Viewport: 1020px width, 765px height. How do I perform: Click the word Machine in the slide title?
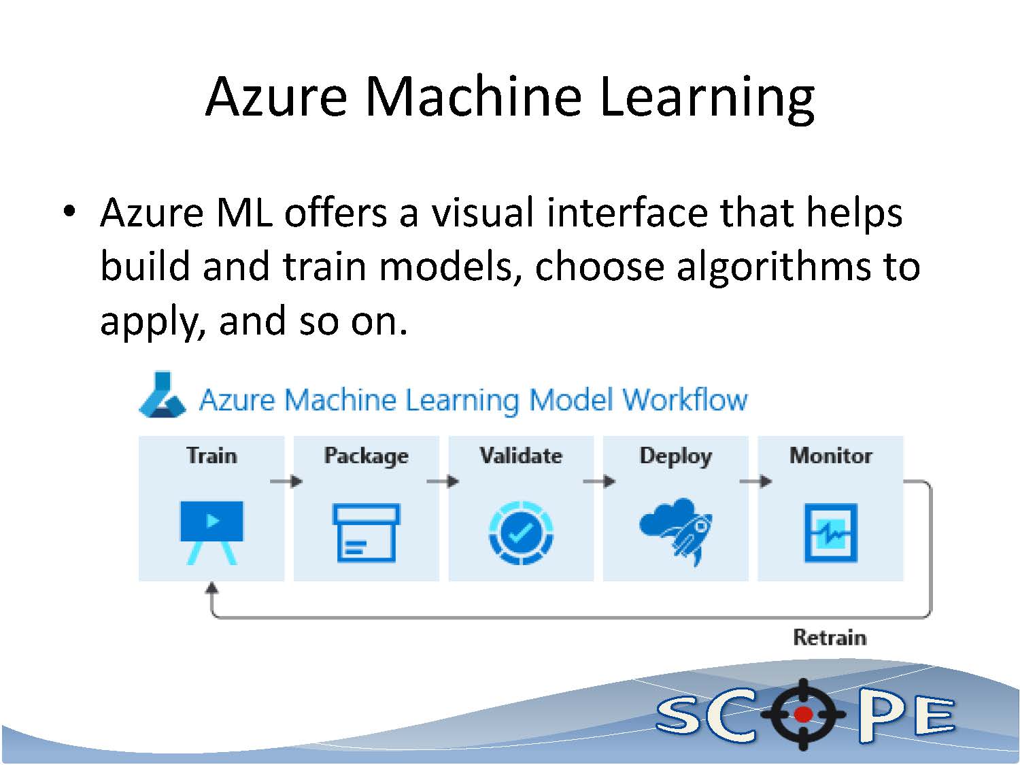tap(473, 96)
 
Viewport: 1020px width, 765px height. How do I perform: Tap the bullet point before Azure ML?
tap(68, 211)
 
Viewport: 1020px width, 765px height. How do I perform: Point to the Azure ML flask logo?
tap(162, 395)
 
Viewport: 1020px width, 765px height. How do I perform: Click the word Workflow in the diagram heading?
tap(684, 400)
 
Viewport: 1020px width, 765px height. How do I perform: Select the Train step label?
tap(211, 455)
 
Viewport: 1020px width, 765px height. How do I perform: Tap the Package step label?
tap(366, 456)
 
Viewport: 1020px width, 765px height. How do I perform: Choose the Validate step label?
tap(521, 455)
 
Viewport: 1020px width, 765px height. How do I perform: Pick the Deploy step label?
tap(675, 456)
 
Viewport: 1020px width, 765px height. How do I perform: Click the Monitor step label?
tap(830, 455)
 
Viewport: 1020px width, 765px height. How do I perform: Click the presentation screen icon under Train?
tap(211, 531)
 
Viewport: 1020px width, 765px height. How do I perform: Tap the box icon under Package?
tap(366, 532)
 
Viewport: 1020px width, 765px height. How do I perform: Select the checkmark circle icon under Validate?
tap(521, 532)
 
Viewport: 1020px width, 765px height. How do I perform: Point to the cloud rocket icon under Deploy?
tap(675, 530)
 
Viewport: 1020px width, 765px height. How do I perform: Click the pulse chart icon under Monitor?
tap(830, 532)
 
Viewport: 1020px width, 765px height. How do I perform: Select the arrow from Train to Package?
tap(286, 481)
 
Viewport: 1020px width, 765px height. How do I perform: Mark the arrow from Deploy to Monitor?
tap(755, 481)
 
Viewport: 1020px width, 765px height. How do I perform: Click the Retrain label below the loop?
tap(830, 637)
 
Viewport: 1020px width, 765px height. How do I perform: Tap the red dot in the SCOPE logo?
tap(803, 714)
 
